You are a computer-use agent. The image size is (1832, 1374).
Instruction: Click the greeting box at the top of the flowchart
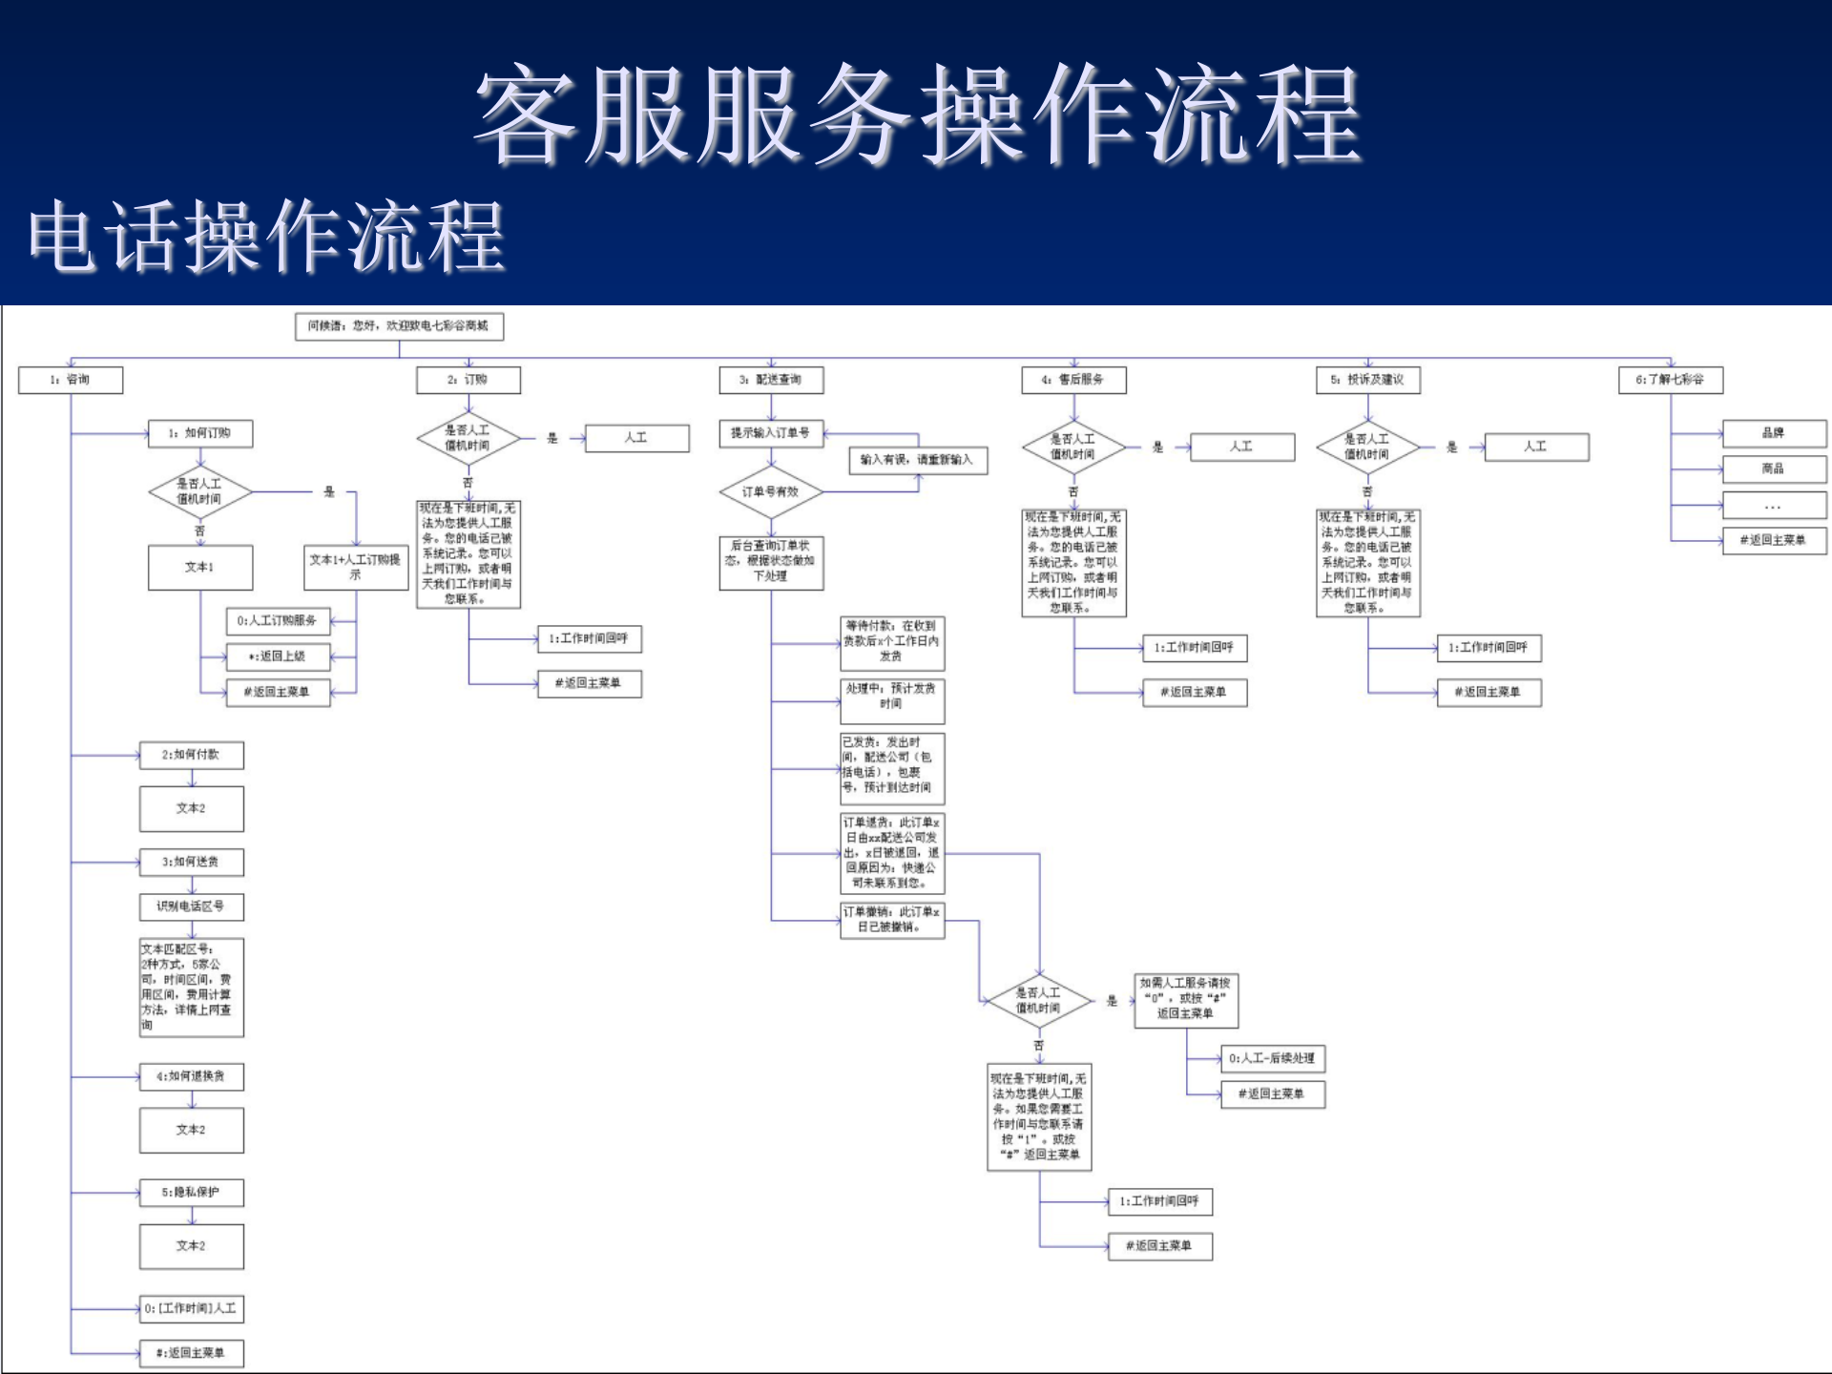click(x=399, y=326)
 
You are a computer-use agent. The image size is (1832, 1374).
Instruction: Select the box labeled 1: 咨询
click(x=71, y=380)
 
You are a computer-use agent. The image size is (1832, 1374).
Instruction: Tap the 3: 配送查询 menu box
click(x=771, y=380)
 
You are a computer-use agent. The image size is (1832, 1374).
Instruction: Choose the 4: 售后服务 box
click(x=1073, y=380)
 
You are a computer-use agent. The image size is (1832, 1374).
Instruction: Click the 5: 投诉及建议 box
click(x=1367, y=380)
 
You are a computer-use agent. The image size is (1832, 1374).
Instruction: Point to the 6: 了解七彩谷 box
click(x=1670, y=380)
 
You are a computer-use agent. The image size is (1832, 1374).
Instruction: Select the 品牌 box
click(x=1774, y=433)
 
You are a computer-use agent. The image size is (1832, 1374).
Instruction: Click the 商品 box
click(x=1774, y=468)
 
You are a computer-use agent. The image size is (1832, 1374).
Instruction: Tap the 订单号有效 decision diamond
click(x=771, y=492)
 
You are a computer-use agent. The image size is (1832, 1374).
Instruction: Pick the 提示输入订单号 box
click(x=771, y=433)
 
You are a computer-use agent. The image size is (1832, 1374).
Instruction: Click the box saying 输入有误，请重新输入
click(x=917, y=460)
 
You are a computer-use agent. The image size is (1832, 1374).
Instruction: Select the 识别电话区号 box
click(x=191, y=906)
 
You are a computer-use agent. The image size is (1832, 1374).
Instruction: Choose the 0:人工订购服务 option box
click(x=278, y=621)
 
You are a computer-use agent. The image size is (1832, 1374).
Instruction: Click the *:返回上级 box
click(x=278, y=656)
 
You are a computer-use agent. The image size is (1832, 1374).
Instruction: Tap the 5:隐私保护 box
click(x=191, y=1193)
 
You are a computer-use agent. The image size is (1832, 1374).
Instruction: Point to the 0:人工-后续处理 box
click(x=1273, y=1058)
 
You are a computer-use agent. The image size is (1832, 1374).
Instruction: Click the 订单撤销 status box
click(x=892, y=920)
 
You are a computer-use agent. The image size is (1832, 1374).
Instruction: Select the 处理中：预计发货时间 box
click(x=892, y=697)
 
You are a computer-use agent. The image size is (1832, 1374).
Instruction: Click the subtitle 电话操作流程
click(x=267, y=237)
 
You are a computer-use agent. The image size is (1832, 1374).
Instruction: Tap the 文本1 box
click(x=200, y=567)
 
